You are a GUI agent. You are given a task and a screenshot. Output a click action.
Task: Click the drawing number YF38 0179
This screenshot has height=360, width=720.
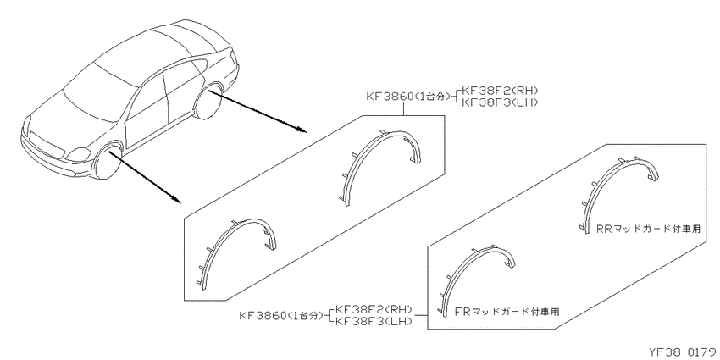pos(684,352)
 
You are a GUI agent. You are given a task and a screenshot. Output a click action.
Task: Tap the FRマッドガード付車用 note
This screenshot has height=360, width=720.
pos(507,312)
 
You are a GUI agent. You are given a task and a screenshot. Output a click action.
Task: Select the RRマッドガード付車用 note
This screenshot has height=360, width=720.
pos(649,230)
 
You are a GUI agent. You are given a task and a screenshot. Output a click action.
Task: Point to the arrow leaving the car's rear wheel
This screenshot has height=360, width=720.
pos(258,111)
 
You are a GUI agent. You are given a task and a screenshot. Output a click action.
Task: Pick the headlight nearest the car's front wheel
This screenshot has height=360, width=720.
pos(79,154)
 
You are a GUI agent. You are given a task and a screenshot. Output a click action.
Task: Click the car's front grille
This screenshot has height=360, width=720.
pos(46,144)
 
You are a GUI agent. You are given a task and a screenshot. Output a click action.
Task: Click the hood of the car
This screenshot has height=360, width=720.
pos(69,119)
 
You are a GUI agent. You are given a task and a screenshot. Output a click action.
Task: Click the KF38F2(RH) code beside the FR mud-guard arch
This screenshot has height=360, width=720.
pos(373,309)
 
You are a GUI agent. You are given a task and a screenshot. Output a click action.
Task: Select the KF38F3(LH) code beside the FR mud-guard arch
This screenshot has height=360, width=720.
pos(373,321)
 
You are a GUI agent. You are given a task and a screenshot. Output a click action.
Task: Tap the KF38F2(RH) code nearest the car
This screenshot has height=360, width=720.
pos(499,91)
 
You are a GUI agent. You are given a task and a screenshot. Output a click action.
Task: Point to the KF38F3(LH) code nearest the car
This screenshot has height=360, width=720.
pos(499,102)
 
